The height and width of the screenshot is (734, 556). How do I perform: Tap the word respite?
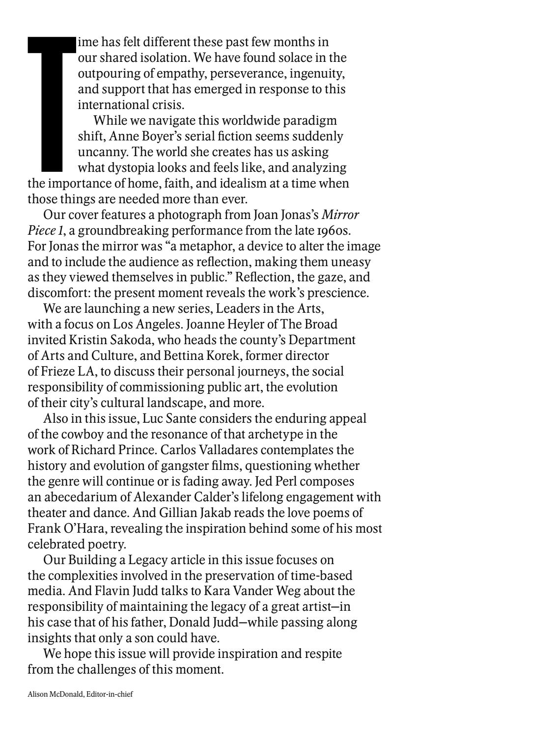point(322,654)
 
